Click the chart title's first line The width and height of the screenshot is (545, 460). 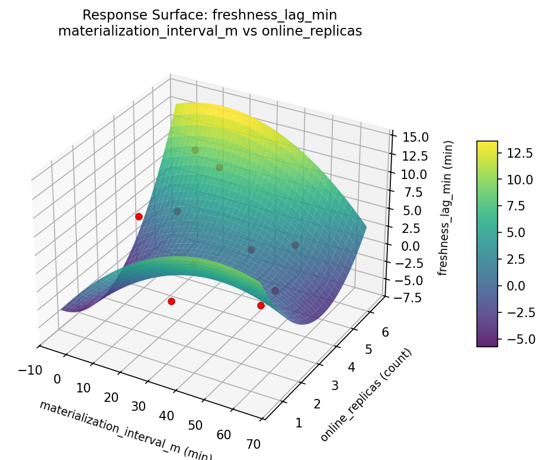pos(210,15)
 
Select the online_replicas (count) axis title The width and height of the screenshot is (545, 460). pos(366,395)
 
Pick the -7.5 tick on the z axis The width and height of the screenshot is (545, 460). pos(405,298)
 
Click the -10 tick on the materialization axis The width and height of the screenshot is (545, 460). pos(30,370)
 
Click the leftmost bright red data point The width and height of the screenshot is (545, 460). pos(139,216)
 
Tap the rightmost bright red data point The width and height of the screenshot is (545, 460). pos(261,305)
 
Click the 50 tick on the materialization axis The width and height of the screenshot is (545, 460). pos(195,425)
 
